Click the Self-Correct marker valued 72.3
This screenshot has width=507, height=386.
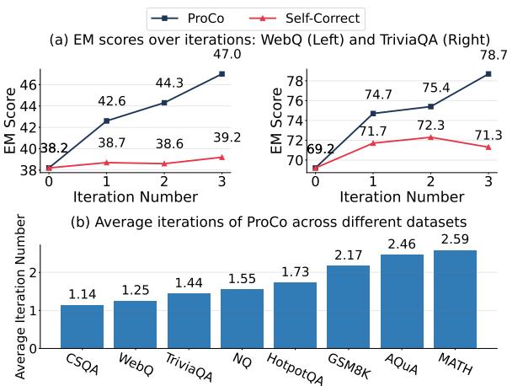coord(430,137)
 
